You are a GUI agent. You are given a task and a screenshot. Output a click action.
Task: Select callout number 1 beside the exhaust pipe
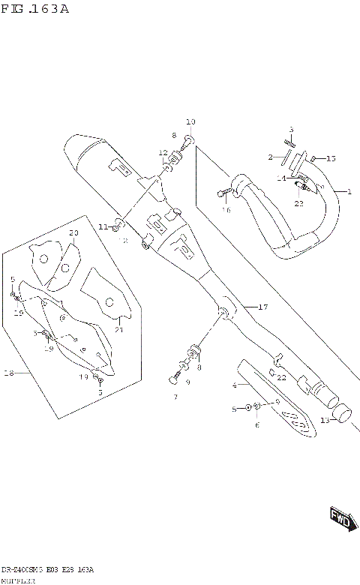pos(348,192)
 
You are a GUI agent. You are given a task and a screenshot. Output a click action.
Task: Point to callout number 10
pos(190,121)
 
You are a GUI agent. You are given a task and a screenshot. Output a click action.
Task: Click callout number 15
pos(331,158)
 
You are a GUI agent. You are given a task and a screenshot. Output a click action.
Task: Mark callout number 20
pos(73,233)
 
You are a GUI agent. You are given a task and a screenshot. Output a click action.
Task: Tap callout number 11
pos(103,226)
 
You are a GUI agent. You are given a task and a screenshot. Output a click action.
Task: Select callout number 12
pos(163,154)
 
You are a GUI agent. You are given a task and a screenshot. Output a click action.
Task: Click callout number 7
pos(175,397)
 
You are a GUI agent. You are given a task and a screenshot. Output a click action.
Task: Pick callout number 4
pos(234,385)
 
